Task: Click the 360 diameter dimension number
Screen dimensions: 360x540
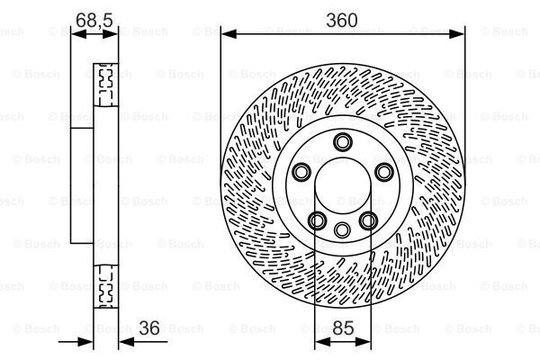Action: pyautogui.click(x=342, y=19)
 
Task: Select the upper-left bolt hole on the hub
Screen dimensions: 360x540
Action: pyautogui.click(x=301, y=172)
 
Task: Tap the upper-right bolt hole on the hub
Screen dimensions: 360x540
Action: pyautogui.click(x=383, y=172)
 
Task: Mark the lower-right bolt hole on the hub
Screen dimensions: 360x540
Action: pyautogui.click(x=367, y=220)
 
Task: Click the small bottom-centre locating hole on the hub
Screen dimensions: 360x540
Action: pyautogui.click(x=342, y=230)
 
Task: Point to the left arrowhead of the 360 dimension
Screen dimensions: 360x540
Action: pyautogui.click(x=226, y=34)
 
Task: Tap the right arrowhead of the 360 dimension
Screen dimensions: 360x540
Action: pyautogui.click(x=460, y=34)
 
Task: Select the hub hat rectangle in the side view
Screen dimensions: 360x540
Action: pyautogui.click(x=82, y=186)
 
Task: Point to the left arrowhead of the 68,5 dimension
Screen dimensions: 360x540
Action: pyautogui.click(x=76, y=34)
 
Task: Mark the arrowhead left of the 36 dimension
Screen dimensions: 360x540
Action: pyautogui.click(x=89, y=342)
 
